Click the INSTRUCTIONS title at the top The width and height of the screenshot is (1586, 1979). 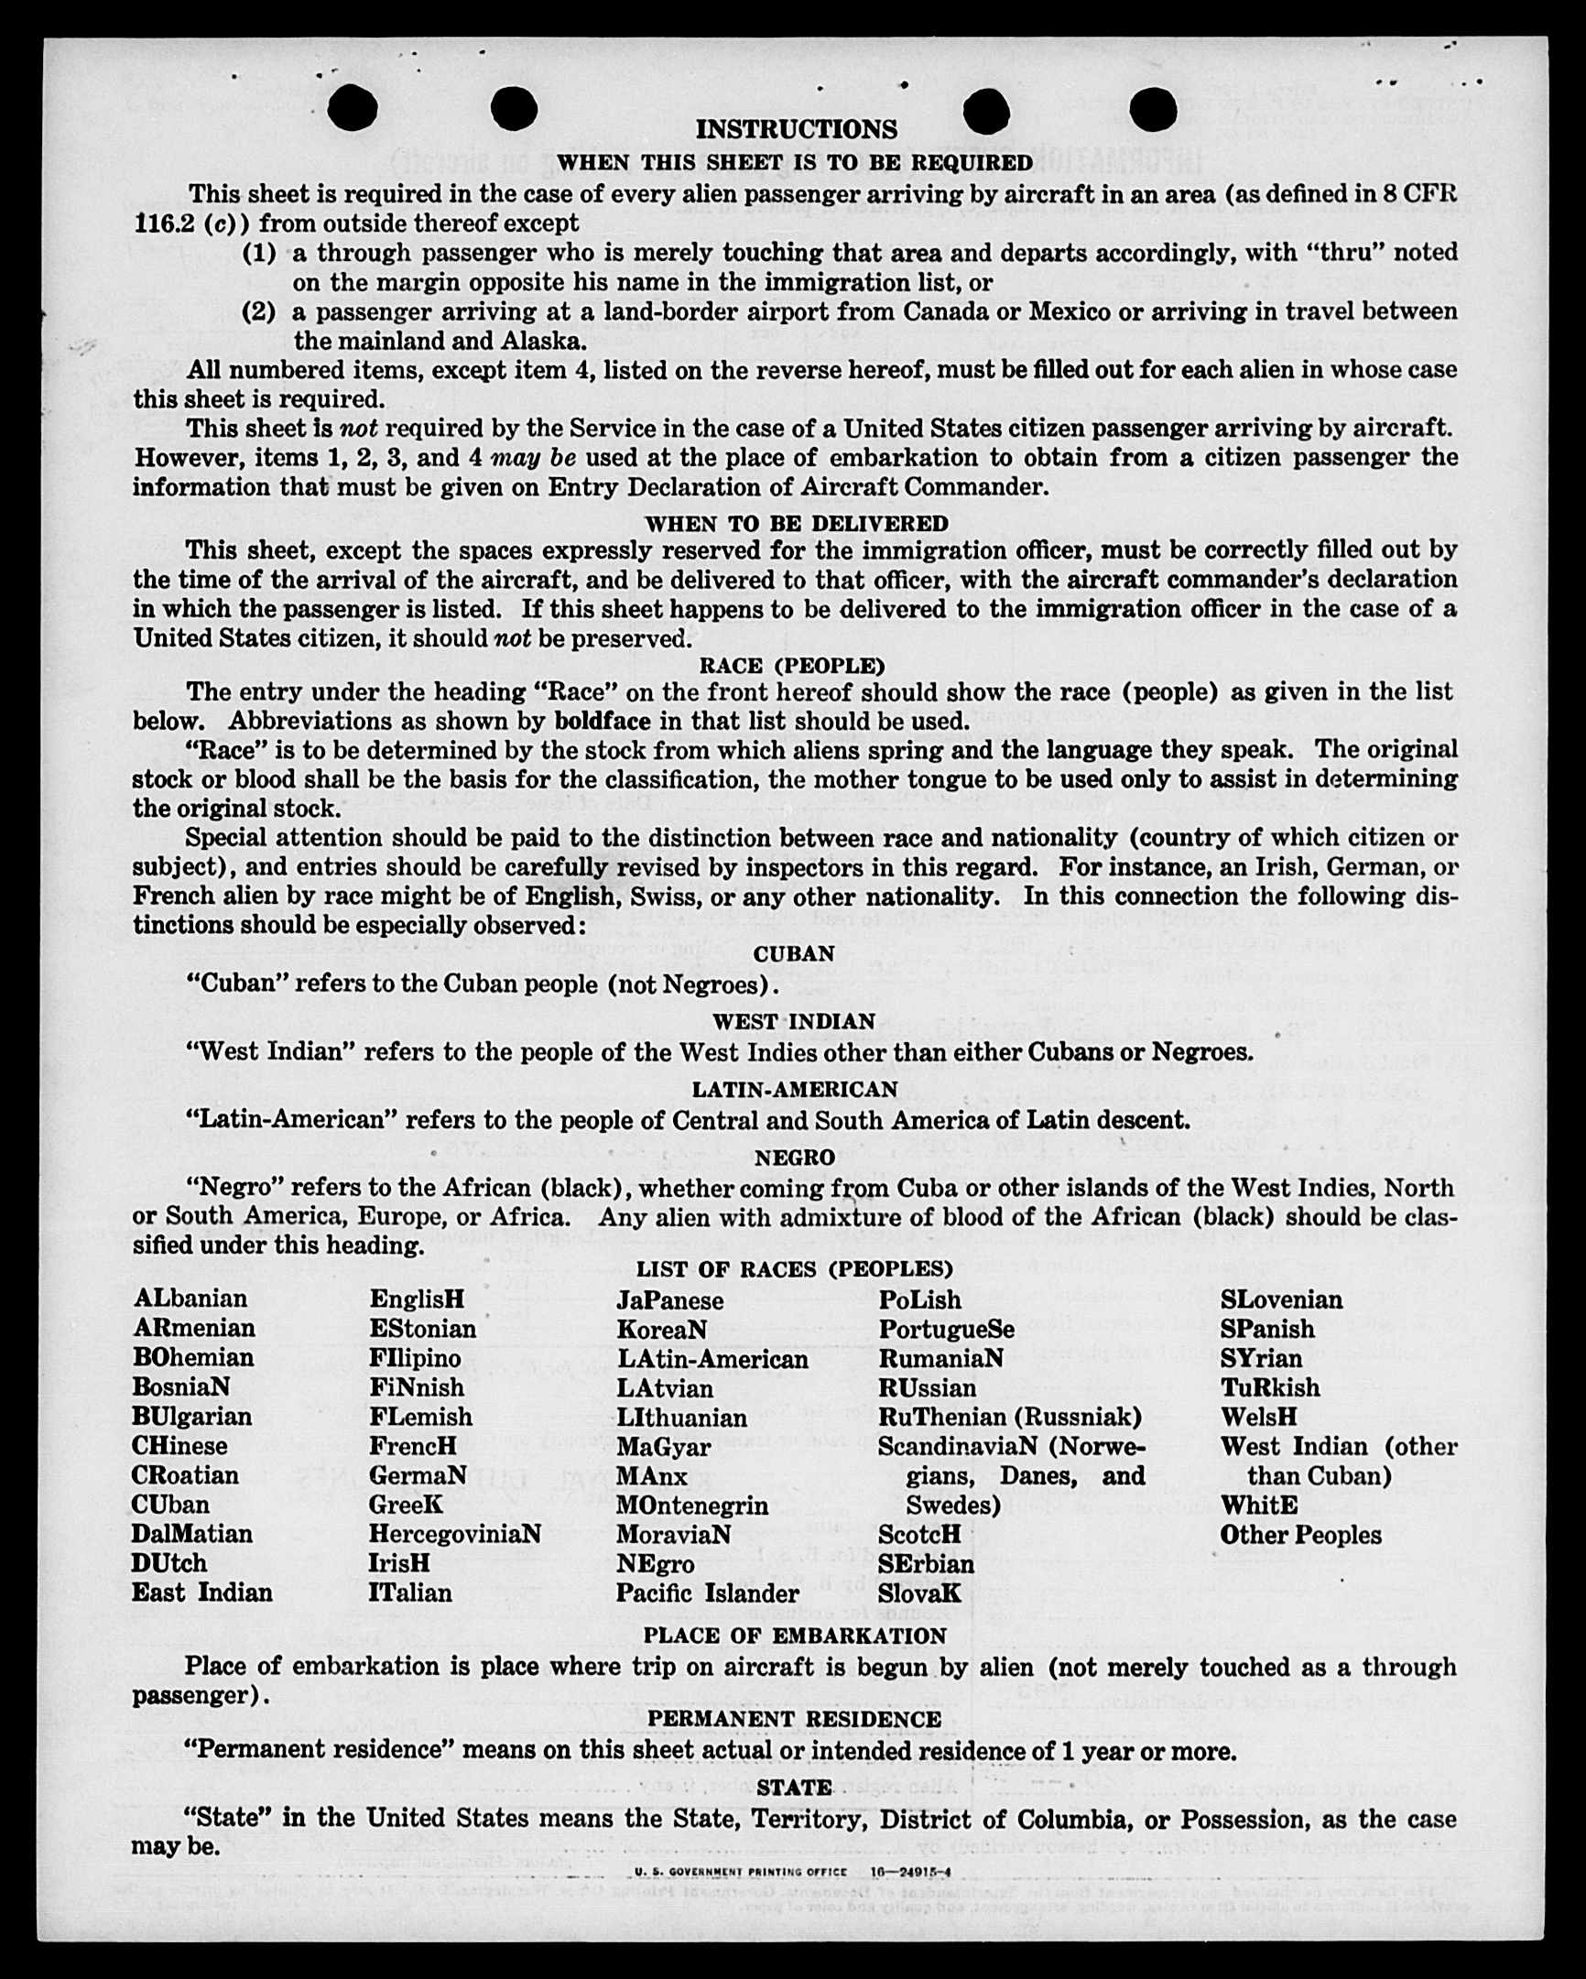click(x=796, y=129)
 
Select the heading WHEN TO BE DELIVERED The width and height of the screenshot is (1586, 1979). click(x=796, y=524)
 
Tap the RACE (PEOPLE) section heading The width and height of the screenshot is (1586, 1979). click(x=792, y=665)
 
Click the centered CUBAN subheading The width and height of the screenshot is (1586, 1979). click(x=794, y=953)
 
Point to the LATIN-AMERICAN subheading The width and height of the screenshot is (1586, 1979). click(x=794, y=1090)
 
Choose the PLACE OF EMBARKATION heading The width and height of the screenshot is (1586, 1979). click(x=795, y=1636)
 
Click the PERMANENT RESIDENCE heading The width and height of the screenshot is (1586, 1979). click(x=794, y=1719)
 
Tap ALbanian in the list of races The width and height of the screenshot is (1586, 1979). click(x=190, y=1299)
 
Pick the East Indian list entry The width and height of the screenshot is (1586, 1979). click(x=202, y=1593)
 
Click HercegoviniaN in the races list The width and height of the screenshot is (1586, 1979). click(x=454, y=1534)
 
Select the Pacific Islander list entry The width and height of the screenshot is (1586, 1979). click(x=707, y=1593)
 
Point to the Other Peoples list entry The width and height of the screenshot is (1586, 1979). click(x=1300, y=1535)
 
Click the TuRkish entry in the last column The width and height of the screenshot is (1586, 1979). click(x=1269, y=1387)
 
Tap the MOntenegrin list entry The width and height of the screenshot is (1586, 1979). click(x=692, y=1506)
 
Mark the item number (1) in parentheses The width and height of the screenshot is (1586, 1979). click(x=259, y=253)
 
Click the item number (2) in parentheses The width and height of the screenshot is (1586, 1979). click(x=259, y=312)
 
